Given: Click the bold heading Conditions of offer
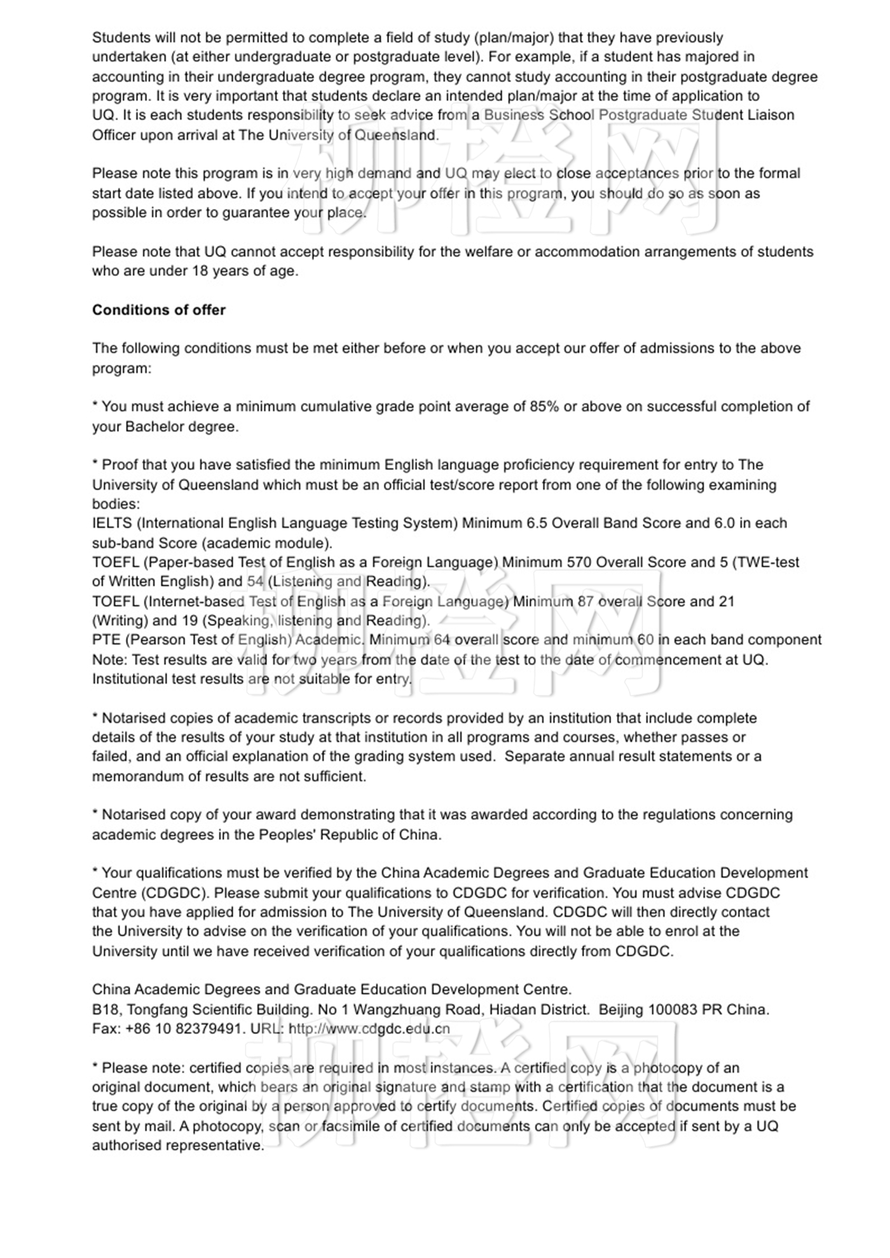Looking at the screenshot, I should coord(158,310).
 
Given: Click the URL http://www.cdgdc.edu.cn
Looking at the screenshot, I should coord(369,1028).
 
